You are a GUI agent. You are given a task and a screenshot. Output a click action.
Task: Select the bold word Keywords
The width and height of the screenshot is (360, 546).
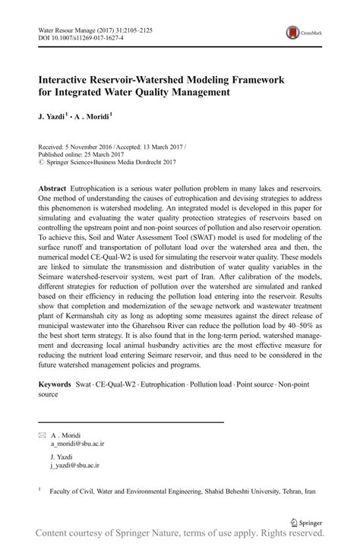click(55, 385)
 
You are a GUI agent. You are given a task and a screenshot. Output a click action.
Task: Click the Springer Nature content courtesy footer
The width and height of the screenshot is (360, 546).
click(180, 537)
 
